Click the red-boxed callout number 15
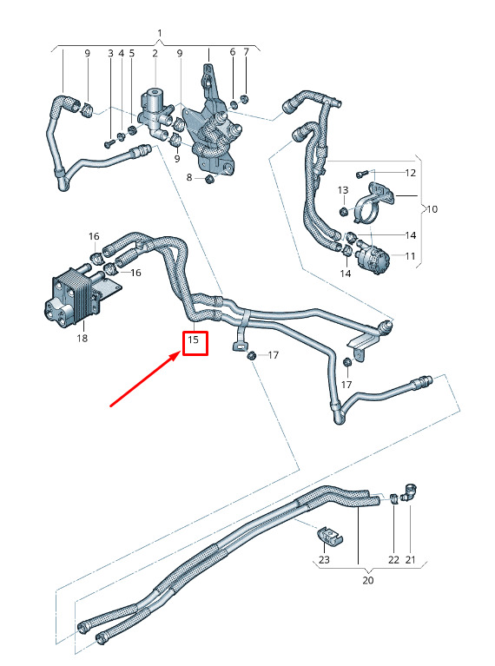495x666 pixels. click(194, 340)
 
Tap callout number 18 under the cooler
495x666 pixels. click(82, 338)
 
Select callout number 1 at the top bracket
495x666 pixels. click(160, 33)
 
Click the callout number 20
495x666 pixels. click(368, 580)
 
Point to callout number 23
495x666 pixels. click(324, 560)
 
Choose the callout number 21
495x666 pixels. click(410, 560)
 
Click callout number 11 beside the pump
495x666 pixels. click(410, 256)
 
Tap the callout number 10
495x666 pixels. click(432, 209)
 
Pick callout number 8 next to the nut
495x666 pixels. click(189, 177)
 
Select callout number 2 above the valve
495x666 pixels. click(155, 53)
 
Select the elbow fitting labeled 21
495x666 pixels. click(410, 492)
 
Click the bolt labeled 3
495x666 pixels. click(108, 144)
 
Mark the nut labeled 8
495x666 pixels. click(208, 179)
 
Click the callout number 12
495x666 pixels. click(411, 173)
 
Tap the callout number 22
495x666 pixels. click(393, 560)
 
